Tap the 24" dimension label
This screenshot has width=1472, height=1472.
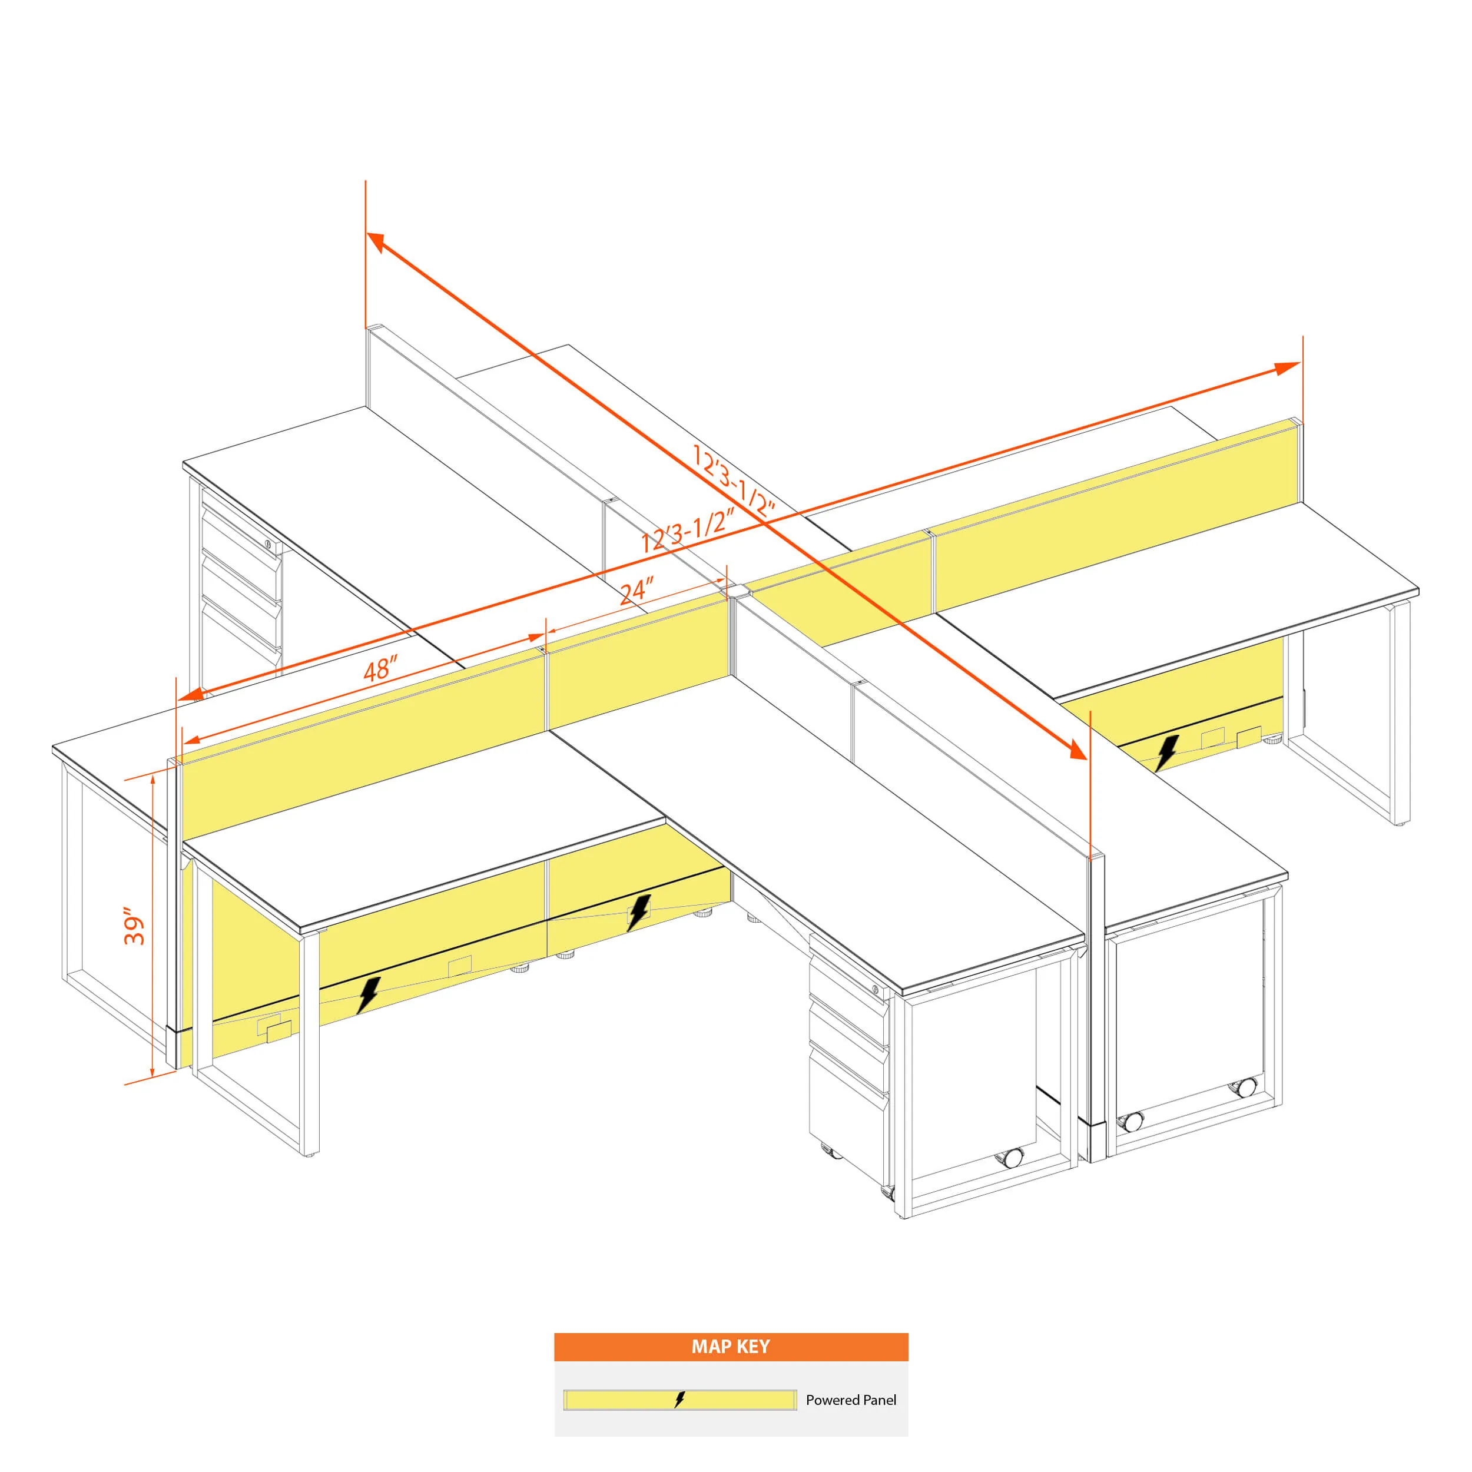click(636, 591)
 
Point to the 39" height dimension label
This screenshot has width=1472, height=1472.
click(134, 926)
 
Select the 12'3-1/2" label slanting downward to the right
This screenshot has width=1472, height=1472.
click(733, 481)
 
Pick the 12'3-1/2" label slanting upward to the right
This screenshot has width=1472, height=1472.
click(687, 531)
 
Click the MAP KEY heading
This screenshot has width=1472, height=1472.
click(731, 1346)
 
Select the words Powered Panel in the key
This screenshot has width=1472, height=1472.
click(851, 1400)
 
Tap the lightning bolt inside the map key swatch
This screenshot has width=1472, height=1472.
click(679, 1400)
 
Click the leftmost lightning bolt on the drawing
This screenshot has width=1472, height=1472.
click(368, 995)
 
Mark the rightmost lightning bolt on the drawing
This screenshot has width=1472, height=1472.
click(1166, 752)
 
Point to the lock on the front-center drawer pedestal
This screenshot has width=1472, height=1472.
click(876, 990)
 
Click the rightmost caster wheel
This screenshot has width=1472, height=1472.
click(1246, 1088)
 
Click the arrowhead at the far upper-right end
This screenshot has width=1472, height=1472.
click(1288, 368)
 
